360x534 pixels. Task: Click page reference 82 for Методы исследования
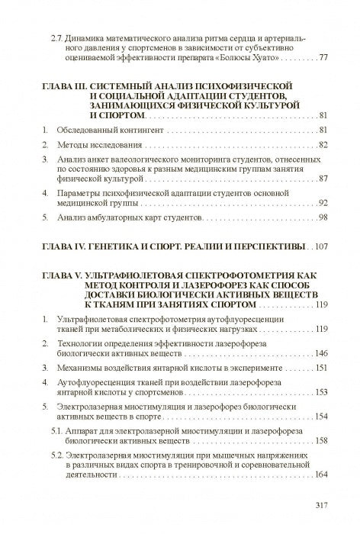tap(323, 144)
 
